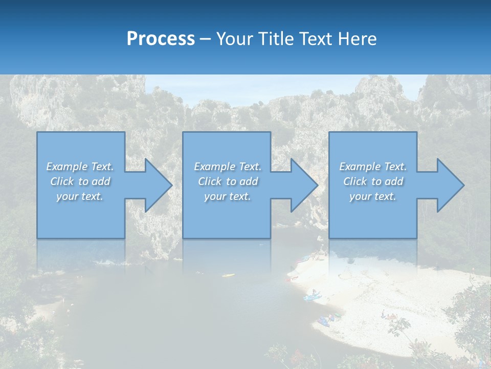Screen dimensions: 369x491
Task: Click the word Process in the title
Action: click(x=161, y=39)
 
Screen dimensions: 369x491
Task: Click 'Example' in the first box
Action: click(x=67, y=167)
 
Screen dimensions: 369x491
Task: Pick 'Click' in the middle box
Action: click(x=209, y=181)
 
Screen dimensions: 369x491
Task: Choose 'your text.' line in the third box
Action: click(x=372, y=196)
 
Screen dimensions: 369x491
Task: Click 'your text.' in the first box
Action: click(x=80, y=196)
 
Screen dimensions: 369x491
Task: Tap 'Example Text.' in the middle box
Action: click(x=227, y=167)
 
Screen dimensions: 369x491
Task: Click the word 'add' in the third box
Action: click(x=395, y=181)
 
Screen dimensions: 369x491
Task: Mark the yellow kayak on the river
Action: click(x=228, y=275)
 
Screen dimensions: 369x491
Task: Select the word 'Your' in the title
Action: click(x=235, y=39)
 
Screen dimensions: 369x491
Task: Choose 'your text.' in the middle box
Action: click(x=227, y=196)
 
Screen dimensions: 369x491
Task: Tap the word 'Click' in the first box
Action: click(x=62, y=181)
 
